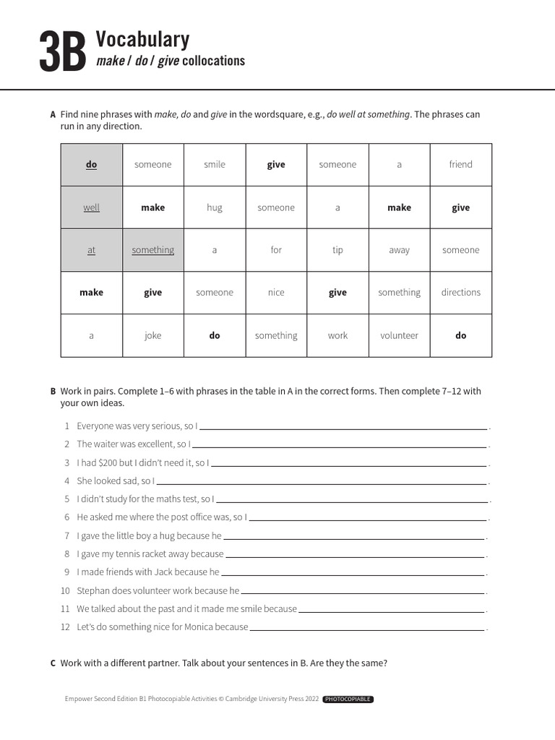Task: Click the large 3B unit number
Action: pos(62,51)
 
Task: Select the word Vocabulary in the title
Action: pos(142,39)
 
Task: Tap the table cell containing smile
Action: pos(215,165)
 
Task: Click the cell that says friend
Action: pos(460,165)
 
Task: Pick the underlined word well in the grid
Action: pos(91,207)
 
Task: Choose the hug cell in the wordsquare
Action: pos(215,207)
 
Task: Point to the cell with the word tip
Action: pos(337,250)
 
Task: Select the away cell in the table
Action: pos(399,250)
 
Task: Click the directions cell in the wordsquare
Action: pos(460,293)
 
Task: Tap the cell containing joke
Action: pos(152,335)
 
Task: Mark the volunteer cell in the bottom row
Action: pos(399,335)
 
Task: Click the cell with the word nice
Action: pos(276,293)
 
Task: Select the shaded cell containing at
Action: pos(91,250)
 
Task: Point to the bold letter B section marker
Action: pos(53,392)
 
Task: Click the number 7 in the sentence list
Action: pos(66,536)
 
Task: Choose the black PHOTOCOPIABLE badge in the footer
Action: pos(348,700)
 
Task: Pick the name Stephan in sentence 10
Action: pos(92,590)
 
